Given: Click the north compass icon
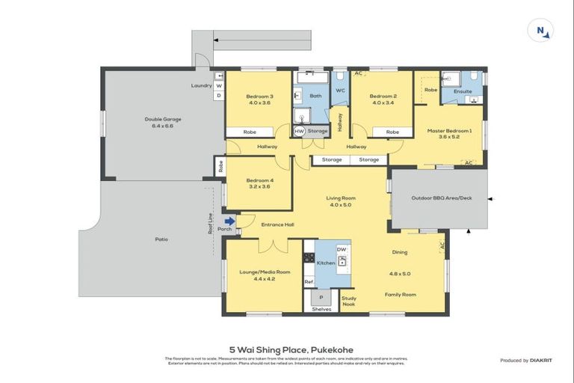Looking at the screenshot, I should [x=540, y=30].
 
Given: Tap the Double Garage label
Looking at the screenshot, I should [x=162, y=119].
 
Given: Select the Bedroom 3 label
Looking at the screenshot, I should [x=259, y=96].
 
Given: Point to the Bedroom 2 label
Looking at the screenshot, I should [x=383, y=96].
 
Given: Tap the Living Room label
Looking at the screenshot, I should [x=340, y=198].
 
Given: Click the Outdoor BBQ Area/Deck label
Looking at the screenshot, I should [x=441, y=198].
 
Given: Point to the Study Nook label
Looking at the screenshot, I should [x=349, y=301].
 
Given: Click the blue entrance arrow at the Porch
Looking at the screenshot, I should [x=230, y=221].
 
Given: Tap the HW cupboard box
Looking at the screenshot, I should [x=299, y=132].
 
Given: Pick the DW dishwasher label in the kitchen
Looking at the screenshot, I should [x=342, y=249].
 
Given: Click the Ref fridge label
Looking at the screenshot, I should [x=309, y=282].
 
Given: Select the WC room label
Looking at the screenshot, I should [x=339, y=91].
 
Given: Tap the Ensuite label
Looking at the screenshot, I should [x=463, y=91].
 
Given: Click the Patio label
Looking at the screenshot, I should [x=161, y=239].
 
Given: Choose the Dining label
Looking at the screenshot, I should [x=399, y=253].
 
